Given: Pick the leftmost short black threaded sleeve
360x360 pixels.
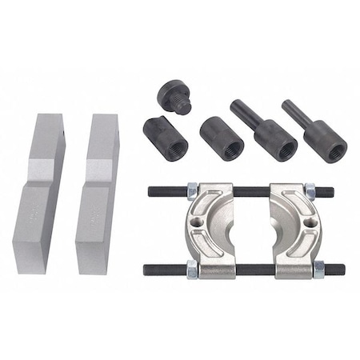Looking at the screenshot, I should point(166,138).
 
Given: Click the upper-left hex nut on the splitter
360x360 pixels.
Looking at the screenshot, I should point(193,191).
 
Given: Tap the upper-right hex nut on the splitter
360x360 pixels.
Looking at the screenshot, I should point(310,192).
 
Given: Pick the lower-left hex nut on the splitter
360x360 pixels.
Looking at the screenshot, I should point(193,271).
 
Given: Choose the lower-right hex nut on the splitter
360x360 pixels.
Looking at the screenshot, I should point(318,270).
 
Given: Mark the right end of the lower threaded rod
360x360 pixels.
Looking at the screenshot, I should point(340,270).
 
